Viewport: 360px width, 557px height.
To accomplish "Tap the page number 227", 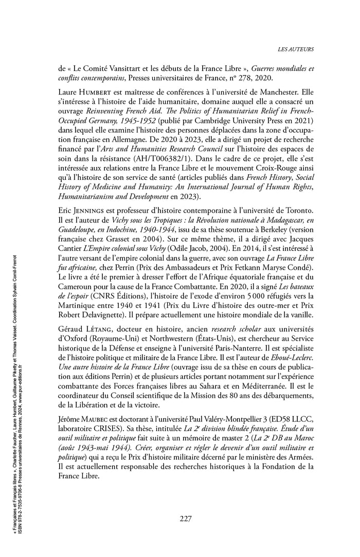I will pos(186,518).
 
